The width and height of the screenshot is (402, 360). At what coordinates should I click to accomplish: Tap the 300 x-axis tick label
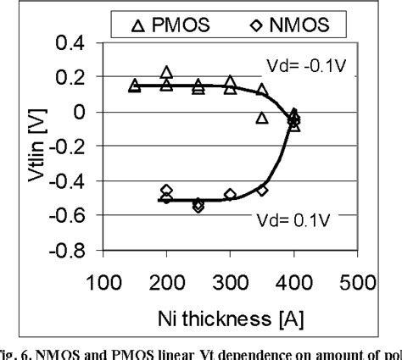231,282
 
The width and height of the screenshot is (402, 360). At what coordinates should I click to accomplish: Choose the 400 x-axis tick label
294,282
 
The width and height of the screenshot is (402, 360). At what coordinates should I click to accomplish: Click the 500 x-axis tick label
358,282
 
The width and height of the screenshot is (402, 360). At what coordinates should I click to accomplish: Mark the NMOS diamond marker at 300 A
230,195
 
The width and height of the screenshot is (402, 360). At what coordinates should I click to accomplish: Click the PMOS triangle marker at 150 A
134,86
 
